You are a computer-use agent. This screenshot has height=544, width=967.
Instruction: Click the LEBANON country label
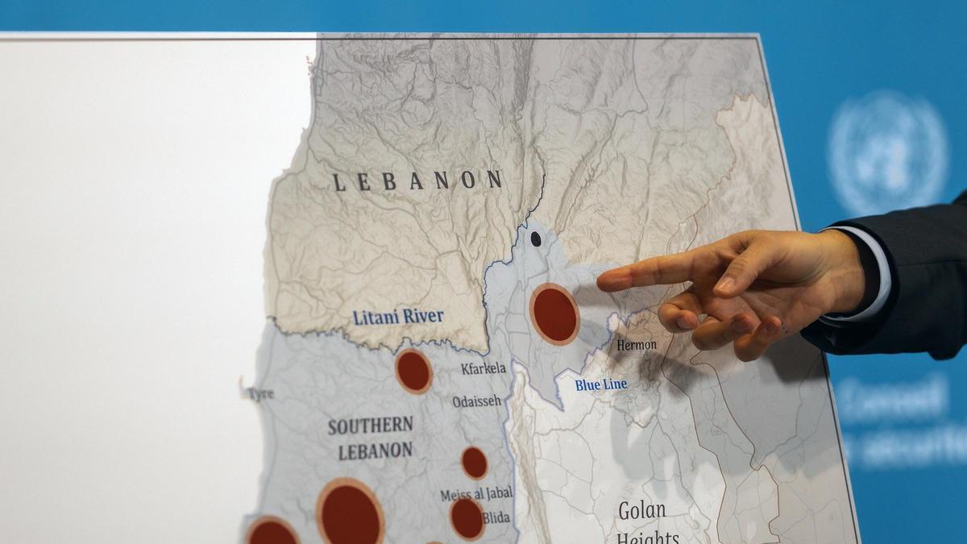point(418,181)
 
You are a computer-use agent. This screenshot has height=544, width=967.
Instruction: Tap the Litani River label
point(398,317)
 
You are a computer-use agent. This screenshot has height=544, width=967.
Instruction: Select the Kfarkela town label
point(483,369)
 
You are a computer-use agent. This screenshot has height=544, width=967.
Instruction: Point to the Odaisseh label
point(476,401)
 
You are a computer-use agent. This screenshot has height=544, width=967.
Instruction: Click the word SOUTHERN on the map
point(371,426)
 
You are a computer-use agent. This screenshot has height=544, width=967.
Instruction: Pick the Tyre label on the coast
point(259,394)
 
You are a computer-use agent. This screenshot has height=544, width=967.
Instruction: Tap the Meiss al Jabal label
point(476,494)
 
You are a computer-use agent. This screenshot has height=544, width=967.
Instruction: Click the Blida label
point(496,517)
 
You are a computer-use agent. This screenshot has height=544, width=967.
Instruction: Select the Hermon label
point(637,345)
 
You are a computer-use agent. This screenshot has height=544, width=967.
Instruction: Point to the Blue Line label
point(601,385)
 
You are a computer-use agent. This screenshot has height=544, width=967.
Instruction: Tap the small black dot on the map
point(535,239)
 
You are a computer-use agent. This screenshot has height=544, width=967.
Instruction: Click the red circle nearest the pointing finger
point(554,314)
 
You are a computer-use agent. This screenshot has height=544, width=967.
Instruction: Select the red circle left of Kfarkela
point(413,371)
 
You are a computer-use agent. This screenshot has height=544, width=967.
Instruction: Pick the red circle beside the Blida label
point(467,518)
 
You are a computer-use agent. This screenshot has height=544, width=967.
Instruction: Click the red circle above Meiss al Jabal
point(474,463)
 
